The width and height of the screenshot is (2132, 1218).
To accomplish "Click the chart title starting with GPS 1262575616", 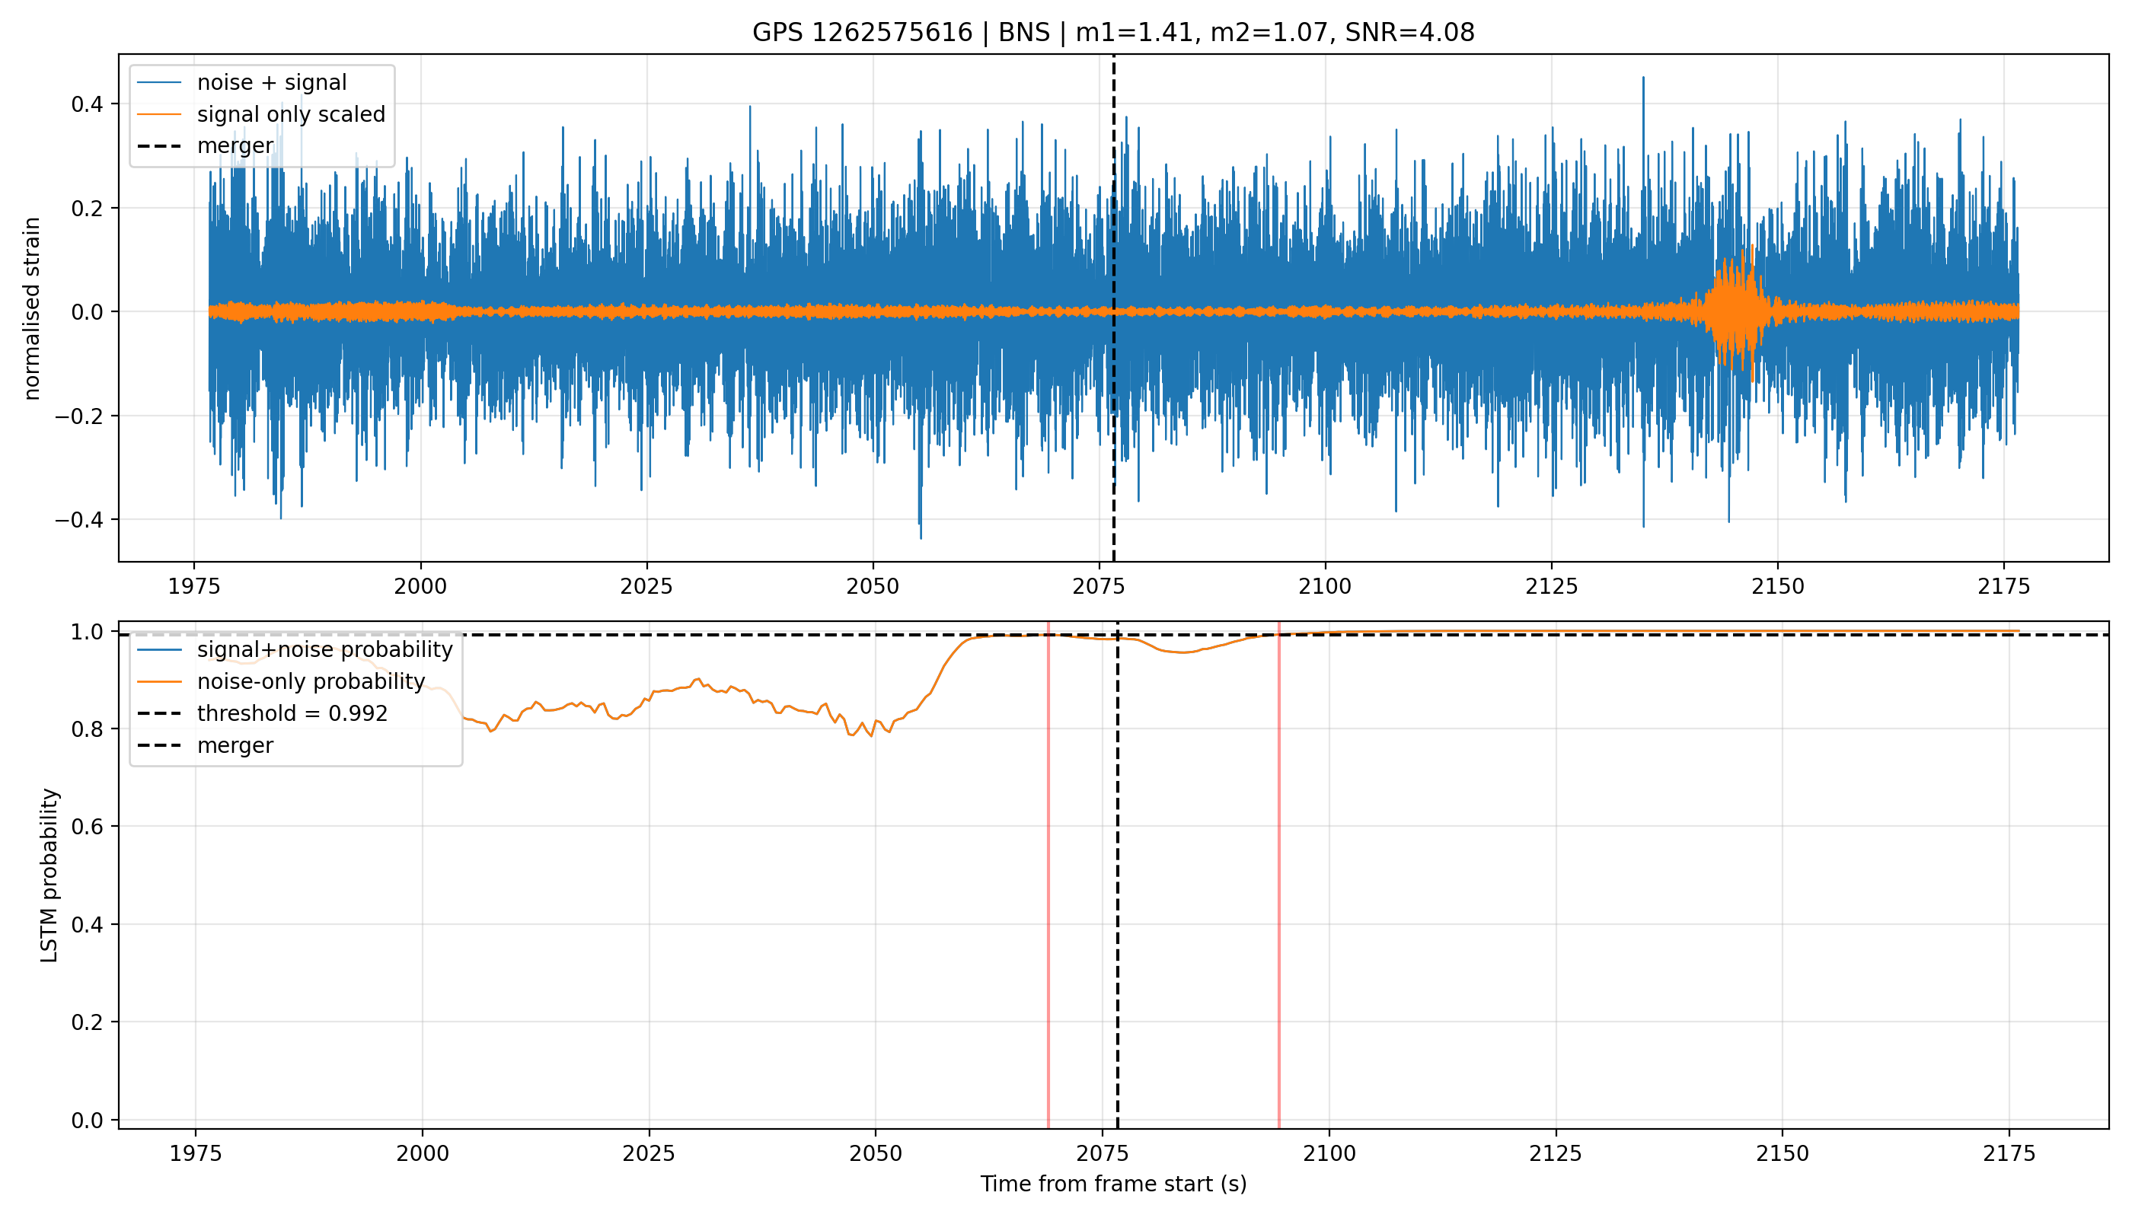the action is [1113, 32].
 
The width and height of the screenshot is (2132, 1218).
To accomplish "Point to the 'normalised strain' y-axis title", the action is [32, 308].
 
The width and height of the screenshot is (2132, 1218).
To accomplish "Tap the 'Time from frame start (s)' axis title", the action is [1113, 1184].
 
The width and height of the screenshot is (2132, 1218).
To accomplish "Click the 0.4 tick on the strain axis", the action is [88, 104].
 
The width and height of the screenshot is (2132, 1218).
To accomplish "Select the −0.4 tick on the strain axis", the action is [80, 519].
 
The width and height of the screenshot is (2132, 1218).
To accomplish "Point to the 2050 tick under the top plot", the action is [873, 586].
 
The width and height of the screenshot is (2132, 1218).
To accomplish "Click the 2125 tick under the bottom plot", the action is [1556, 1153].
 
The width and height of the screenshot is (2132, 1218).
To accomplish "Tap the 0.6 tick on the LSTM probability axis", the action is [88, 827].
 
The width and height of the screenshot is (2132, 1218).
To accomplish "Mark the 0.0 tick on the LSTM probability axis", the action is [88, 1120].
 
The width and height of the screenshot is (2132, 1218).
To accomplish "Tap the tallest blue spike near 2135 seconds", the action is [1643, 126].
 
